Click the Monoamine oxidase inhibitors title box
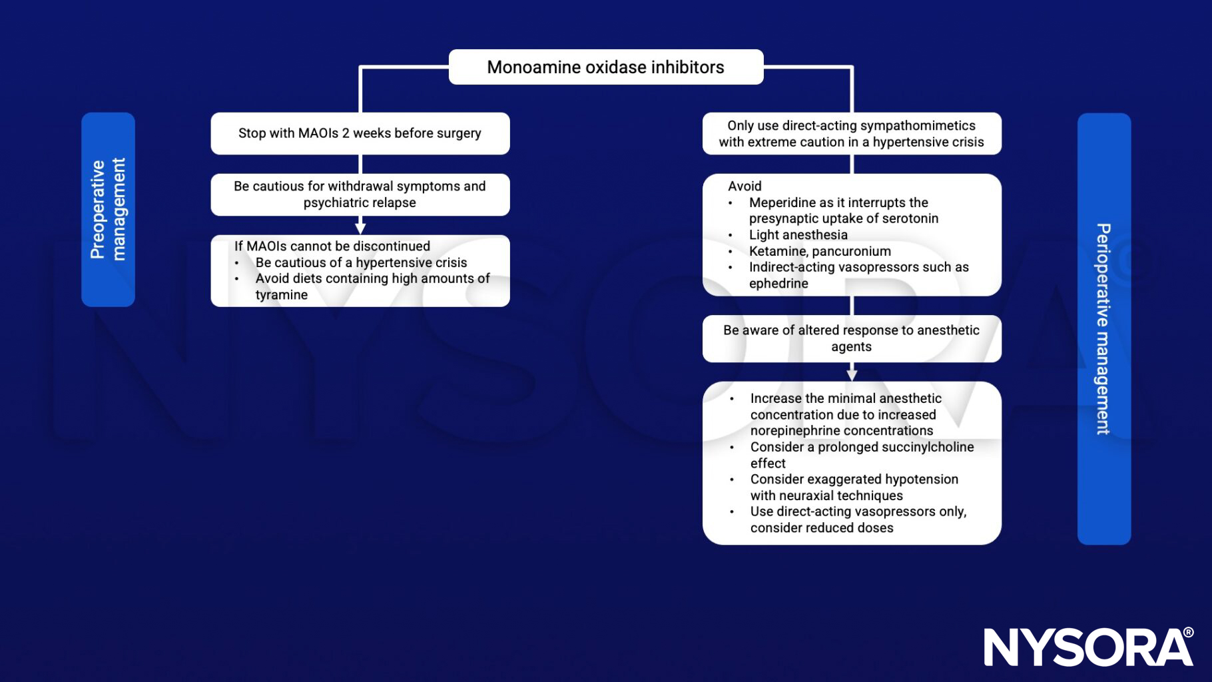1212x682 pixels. pyautogui.click(x=605, y=67)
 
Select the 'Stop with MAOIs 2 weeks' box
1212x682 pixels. pyautogui.click(x=360, y=133)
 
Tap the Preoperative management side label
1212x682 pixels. pyautogui.click(x=108, y=209)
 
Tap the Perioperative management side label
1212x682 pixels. pyautogui.click(x=1103, y=329)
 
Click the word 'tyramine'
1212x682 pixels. pyautogui.click(x=281, y=295)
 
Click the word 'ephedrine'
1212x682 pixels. pyautogui.click(x=778, y=284)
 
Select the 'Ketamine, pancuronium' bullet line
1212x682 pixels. pyautogui.click(x=819, y=251)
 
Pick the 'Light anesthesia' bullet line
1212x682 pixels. pyautogui.click(x=798, y=235)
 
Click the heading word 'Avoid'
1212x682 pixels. pyautogui.click(x=744, y=186)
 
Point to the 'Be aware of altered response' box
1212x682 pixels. pyautogui.click(x=851, y=338)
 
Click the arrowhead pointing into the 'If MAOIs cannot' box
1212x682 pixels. pyautogui.click(x=360, y=228)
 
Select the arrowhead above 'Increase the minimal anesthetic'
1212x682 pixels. pyautogui.click(x=852, y=375)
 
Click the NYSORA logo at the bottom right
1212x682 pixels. pyautogui.click(x=1087, y=646)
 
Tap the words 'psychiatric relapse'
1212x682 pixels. pyautogui.click(x=360, y=203)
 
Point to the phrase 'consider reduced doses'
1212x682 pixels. pyautogui.click(x=821, y=528)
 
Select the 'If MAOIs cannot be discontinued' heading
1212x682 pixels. pyautogui.click(x=332, y=246)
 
